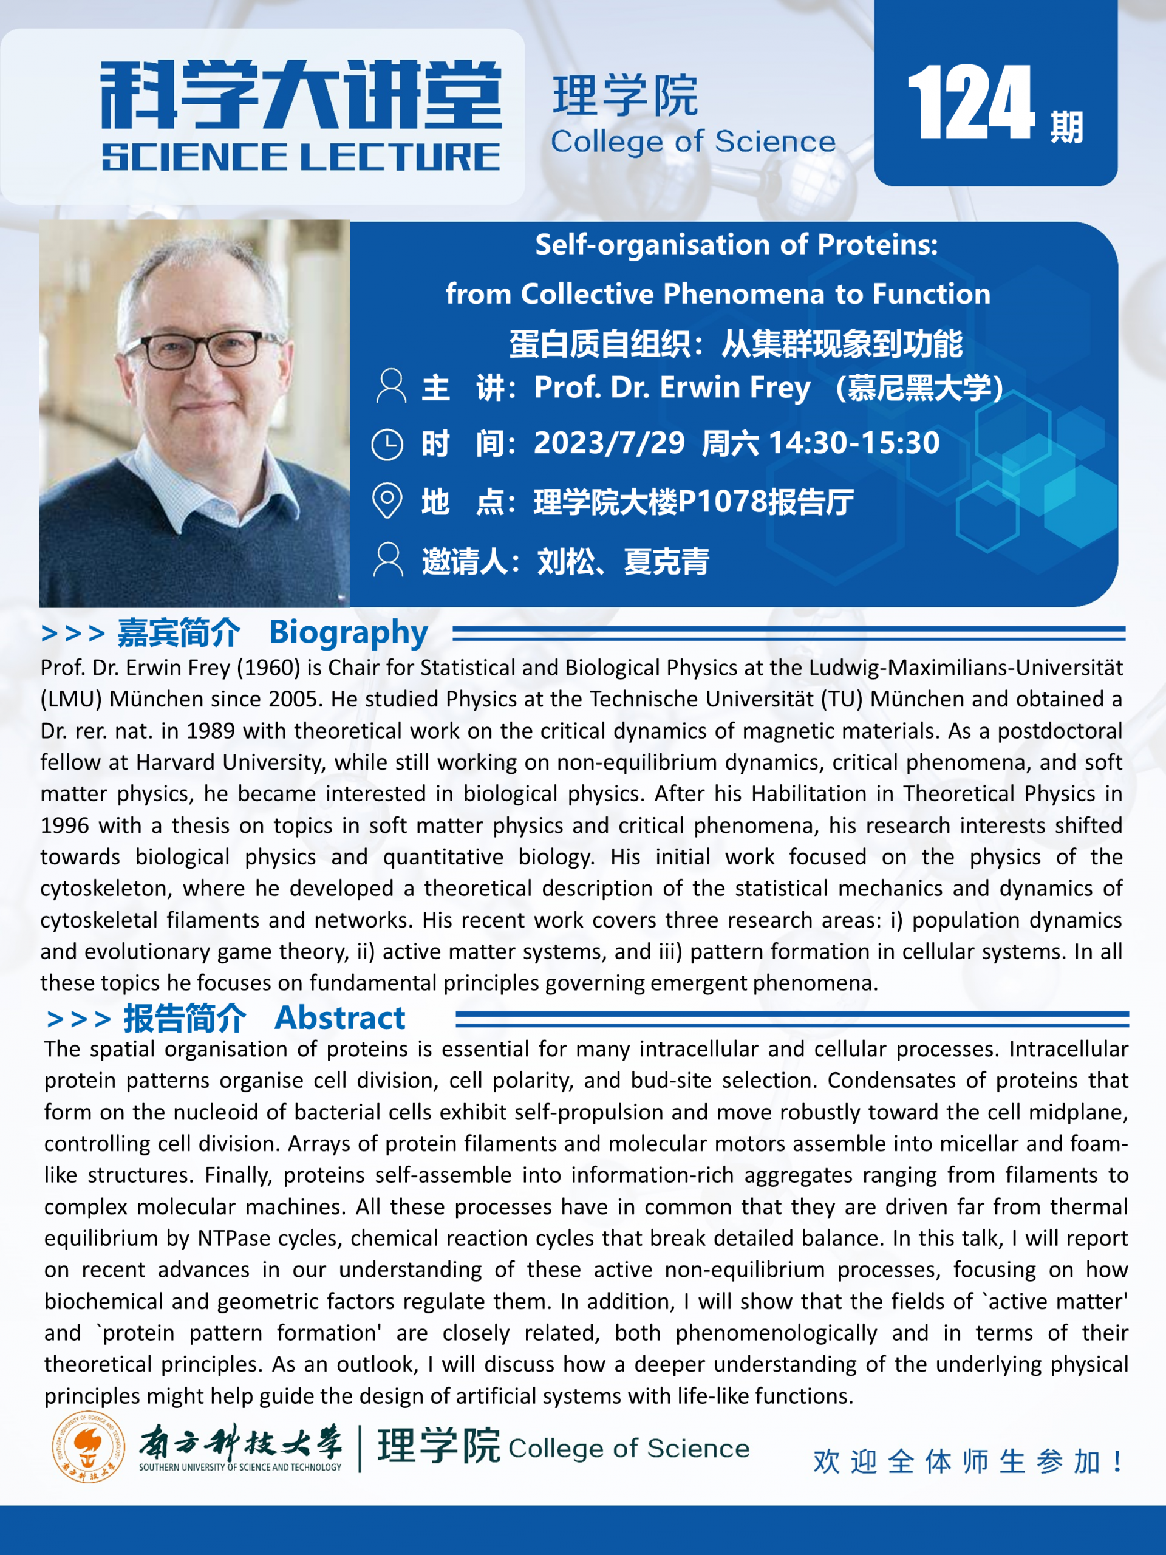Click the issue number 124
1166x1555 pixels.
(x=970, y=103)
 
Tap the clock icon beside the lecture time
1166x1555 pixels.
(x=387, y=444)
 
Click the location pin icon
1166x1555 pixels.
(x=387, y=501)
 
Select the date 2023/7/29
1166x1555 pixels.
(x=609, y=443)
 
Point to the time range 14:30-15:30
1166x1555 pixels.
(x=854, y=443)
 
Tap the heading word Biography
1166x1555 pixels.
(x=348, y=632)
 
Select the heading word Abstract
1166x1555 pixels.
(x=339, y=1018)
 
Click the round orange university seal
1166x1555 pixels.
(x=89, y=1447)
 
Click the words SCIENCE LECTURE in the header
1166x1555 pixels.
(x=301, y=157)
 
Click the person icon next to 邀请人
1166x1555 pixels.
(x=388, y=559)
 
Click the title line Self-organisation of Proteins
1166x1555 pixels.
(x=736, y=245)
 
